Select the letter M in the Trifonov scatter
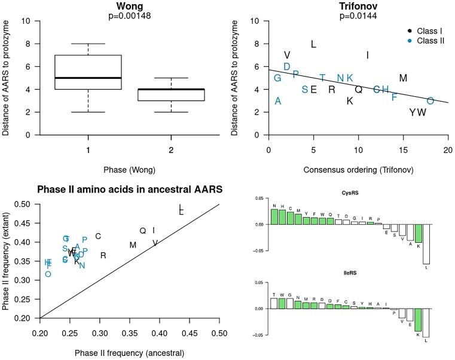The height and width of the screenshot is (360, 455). coord(403,78)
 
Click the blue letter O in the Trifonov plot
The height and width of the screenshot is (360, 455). coord(430,101)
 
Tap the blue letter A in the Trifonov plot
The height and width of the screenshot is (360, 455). coord(277,101)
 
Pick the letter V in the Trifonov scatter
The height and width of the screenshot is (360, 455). coord(287,55)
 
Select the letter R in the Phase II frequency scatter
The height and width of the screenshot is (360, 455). coord(103,255)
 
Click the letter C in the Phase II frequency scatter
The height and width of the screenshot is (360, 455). coord(98,236)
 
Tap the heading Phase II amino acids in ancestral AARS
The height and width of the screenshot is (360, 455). coord(130,190)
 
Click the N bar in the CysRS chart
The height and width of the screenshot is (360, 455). coord(274,216)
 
